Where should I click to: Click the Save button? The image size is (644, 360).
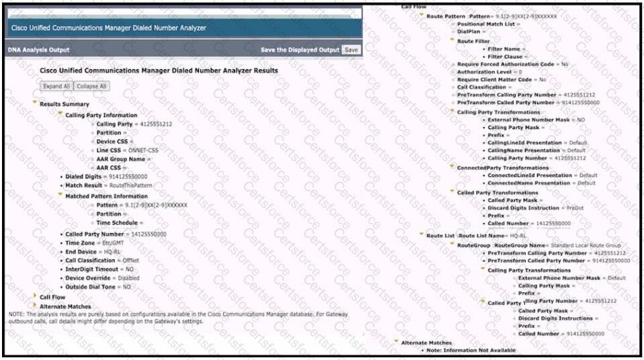(x=351, y=50)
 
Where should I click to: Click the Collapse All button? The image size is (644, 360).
(x=91, y=86)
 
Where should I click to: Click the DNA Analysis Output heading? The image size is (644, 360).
(x=38, y=50)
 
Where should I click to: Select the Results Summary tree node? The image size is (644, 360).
(x=64, y=104)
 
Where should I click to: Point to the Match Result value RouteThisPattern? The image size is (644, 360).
(x=131, y=184)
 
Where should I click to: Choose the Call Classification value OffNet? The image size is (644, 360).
(x=128, y=260)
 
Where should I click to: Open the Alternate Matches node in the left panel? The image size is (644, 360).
(x=65, y=306)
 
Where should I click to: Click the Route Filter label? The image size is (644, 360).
(x=473, y=40)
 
